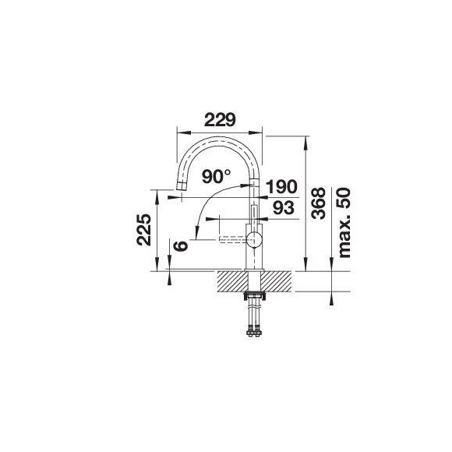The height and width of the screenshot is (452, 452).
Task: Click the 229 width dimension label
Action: [220, 120]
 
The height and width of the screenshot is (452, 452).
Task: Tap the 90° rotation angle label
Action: [216, 176]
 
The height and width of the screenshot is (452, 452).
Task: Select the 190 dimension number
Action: [281, 186]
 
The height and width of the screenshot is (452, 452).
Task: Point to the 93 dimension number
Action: [284, 207]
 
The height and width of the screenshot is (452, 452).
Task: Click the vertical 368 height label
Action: [319, 203]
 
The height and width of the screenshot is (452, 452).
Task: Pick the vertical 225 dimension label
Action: [144, 230]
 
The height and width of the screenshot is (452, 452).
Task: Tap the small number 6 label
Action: [181, 246]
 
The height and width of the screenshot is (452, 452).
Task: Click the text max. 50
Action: [344, 223]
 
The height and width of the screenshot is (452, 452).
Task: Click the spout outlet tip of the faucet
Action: [181, 186]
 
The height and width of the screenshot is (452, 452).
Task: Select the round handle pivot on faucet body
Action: [254, 239]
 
